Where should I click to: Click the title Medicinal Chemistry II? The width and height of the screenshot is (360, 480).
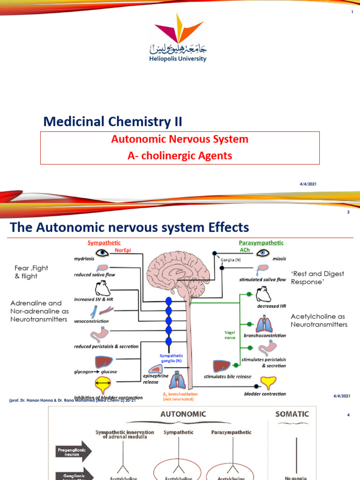click(x=112, y=122)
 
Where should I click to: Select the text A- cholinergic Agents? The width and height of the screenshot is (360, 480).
click(x=180, y=156)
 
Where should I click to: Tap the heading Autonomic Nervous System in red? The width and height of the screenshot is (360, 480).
click(x=180, y=139)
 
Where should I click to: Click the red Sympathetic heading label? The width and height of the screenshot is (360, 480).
click(x=104, y=243)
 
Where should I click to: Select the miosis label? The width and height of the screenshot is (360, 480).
click(x=279, y=258)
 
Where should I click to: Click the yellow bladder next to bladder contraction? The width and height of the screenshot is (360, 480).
click(x=268, y=384)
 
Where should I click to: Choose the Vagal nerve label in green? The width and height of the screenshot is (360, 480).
click(x=230, y=334)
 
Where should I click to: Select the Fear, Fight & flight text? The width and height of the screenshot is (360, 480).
click(x=31, y=272)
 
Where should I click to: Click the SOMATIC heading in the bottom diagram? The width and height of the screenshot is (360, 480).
click(x=292, y=414)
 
